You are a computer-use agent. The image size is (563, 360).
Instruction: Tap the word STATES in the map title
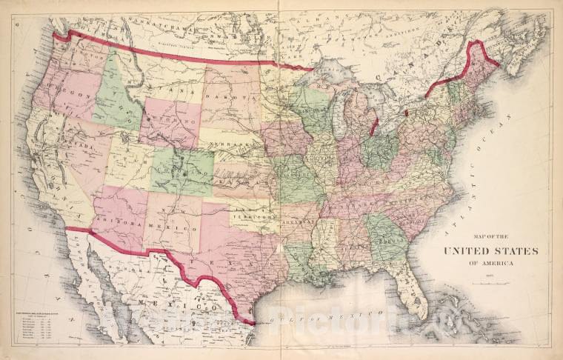[x=514, y=250]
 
